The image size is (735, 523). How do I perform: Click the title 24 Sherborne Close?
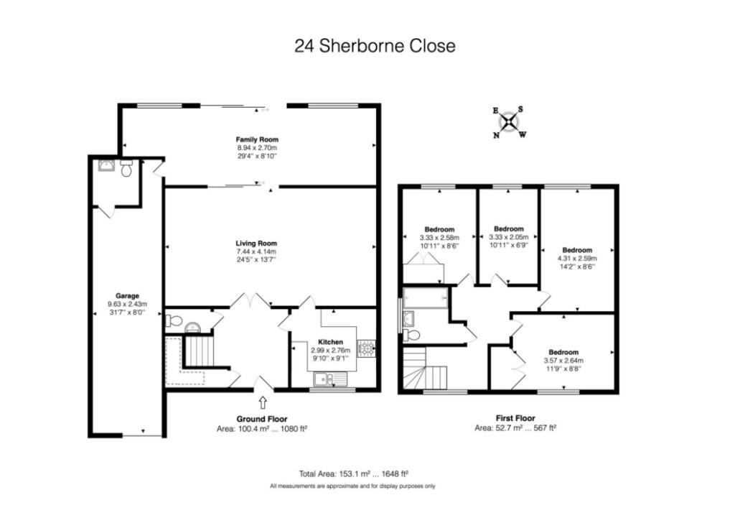(x=375, y=46)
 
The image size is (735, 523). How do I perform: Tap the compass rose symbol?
(x=509, y=121)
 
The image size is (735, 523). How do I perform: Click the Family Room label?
(x=257, y=139)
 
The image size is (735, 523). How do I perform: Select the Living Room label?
(x=257, y=244)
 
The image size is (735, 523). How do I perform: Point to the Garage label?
(x=127, y=295)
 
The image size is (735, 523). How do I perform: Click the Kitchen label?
(x=330, y=342)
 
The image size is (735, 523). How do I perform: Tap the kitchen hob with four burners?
(x=367, y=348)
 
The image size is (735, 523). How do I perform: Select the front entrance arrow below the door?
(x=262, y=402)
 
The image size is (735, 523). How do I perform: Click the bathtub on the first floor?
(x=426, y=297)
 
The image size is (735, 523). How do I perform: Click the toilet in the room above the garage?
(x=126, y=168)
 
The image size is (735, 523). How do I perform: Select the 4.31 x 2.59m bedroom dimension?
(x=576, y=259)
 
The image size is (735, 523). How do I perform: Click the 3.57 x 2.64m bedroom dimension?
(x=563, y=361)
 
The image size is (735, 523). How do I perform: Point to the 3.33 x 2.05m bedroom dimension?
(x=508, y=238)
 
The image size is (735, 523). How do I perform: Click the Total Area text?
(x=353, y=473)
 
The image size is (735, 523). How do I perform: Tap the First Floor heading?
(x=515, y=418)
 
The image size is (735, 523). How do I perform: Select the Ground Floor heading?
(x=262, y=419)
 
